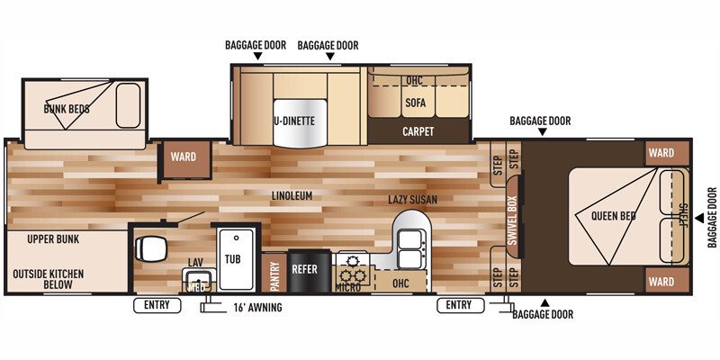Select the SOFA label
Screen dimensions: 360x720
(415, 103)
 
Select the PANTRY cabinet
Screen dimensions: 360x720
(274, 275)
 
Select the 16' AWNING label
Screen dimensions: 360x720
(257, 307)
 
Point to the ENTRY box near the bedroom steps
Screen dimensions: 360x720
(460, 306)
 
